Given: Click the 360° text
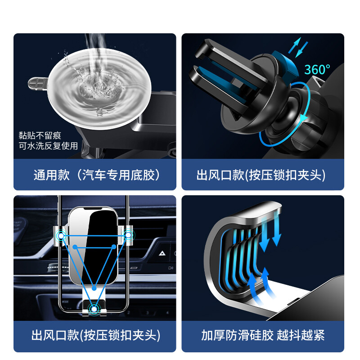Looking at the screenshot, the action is click(x=317, y=69).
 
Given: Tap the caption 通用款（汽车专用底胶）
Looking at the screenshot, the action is click(x=97, y=175).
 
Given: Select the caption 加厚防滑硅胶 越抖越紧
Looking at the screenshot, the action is click(x=263, y=335).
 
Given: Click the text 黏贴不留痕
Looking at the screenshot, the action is click(x=40, y=135).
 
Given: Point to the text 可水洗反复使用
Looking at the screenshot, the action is click(x=49, y=146).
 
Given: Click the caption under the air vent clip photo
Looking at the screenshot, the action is click(x=261, y=175).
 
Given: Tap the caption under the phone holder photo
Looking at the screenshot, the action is click(x=96, y=335).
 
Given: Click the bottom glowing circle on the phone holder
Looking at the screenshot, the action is click(x=94, y=309).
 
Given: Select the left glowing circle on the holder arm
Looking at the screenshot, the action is click(x=61, y=236).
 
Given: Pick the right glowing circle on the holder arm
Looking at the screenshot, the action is click(x=128, y=235).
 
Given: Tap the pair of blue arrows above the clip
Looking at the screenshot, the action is click(x=298, y=48).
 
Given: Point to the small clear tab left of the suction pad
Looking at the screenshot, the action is click(x=38, y=84).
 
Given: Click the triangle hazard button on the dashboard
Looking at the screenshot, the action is click(x=162, y=253).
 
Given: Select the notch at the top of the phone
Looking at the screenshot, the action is click(x=93, y=209).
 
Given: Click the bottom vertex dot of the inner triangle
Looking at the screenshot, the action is click(x=94, y=288).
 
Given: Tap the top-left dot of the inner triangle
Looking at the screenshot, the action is click(x=75, y=247).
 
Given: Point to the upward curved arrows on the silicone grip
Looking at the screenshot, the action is click(x=259, y=284).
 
